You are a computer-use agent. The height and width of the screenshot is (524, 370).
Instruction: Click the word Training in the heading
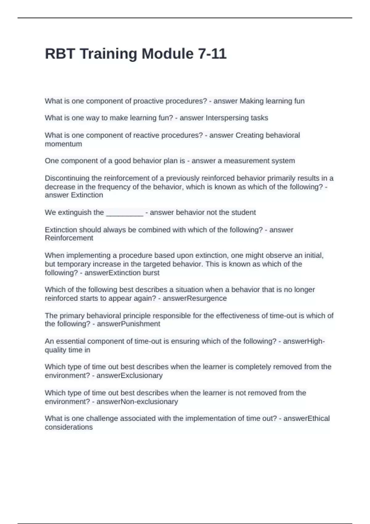tap(109, 54)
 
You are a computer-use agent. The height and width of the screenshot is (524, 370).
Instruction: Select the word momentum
tap(63, 144)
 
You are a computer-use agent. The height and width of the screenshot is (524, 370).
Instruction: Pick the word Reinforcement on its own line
tap(69, 238)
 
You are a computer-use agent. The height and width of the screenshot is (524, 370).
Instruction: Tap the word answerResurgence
tap(195, 298)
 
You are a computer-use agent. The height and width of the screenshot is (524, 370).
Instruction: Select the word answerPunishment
tap(128, 324)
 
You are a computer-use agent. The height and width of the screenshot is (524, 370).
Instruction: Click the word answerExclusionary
tap(129, 375)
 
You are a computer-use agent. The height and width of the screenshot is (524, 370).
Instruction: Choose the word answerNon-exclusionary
tap(137, 402)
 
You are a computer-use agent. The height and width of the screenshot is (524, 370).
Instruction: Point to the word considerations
tap(68, 427)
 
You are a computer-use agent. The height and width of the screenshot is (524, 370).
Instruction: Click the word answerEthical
tap(306, 418)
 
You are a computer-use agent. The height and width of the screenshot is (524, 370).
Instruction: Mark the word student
tap(244, 212)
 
